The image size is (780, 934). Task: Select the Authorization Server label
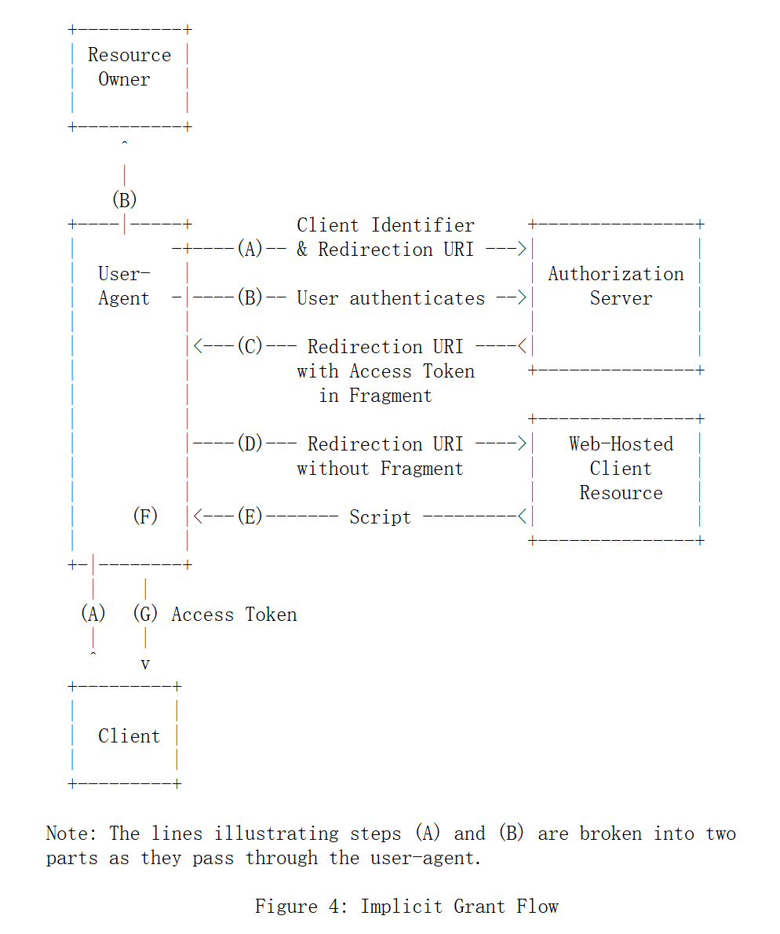[x=616, y=286]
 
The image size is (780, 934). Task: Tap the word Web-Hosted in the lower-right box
[x=621, y=444]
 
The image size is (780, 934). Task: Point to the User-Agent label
[x=124, y=286]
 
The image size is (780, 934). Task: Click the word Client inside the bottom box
[x=129, y=736]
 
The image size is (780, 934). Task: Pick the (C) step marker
[x=250, y=347]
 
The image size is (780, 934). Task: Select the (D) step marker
[x=250, y=444]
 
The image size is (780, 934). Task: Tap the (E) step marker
[x=250, y=517]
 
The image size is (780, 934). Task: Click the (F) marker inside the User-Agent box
[x=145, y=516]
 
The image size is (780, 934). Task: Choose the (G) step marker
[x=145, y=614]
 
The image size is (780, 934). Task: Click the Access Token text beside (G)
[x=234, y=615]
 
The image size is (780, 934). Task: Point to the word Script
[x=380, y=517]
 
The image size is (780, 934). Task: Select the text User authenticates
[x=391, y=298]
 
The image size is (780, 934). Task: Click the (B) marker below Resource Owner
[x=124, y=200]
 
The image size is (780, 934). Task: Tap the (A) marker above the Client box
[x=93, y=614]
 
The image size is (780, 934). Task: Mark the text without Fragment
[x=380, y=469]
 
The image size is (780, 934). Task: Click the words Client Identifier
[x=385, y=225]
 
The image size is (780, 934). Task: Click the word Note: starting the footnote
[x=72, y=834]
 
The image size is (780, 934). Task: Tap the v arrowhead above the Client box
[x=145, y=664]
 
